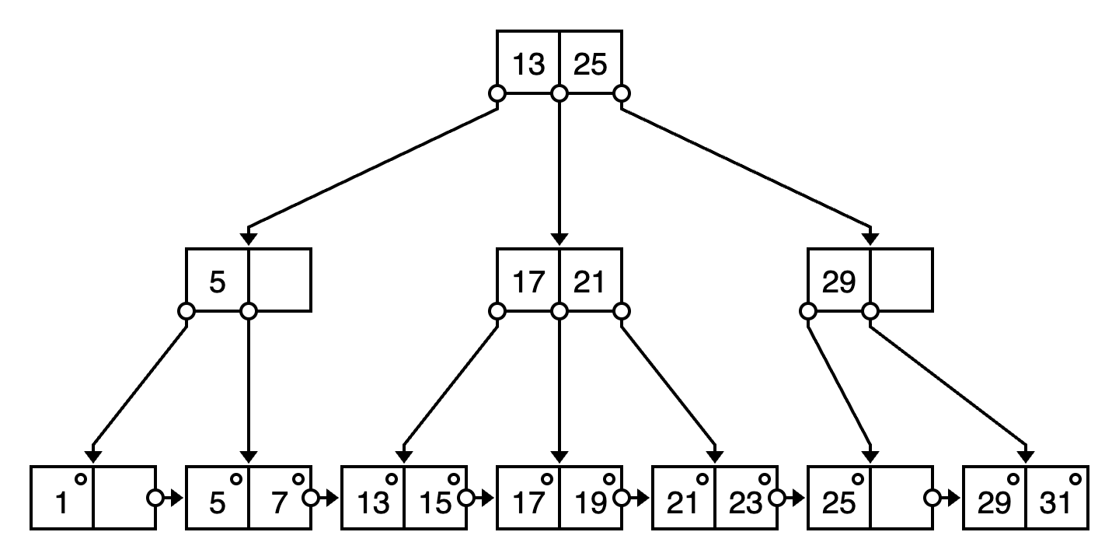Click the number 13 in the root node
pyautogui.click(x=528, y=65)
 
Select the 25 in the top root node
pyautogui.click(x=590, y=65)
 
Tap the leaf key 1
pyautogui.click(x=62, y=505)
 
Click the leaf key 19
pyautogui.click(x=591, y=505)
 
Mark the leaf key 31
pyautogui.click(x=1055, y=505)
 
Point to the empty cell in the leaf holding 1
pyautogui.click(x=120, y=498)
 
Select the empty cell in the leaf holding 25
pyautogui.click(x=898, y=498)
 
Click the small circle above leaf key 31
pyautogui.click(x=1075, y=479)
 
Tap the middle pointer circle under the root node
pyautogui.click(x=559, y=94)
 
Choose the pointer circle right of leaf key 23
pyautogui.click(x=777, y=498)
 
